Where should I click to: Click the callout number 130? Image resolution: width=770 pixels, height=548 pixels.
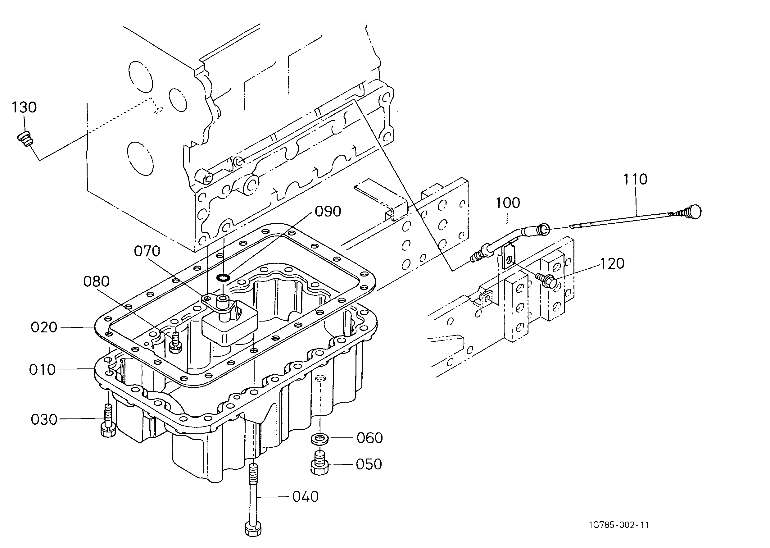(x=24, y=107)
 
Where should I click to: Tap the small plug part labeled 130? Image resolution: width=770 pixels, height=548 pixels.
(x=25, y=139)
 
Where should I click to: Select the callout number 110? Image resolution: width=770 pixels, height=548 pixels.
(x=635, y=179)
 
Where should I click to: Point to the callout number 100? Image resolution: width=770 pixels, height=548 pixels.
(x=508, y=203)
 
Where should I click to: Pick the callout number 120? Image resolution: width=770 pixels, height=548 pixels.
(x=612, y=263)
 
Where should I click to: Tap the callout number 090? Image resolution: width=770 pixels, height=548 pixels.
(x=328, y=212)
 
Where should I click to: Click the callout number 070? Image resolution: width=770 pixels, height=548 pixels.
(x=147, y=251)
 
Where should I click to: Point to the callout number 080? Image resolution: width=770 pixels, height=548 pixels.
(x=97, y=281)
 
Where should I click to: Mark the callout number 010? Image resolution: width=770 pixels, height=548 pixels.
(x=42, y=370)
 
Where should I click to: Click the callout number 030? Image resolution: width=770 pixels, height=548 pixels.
(x=44, y=420)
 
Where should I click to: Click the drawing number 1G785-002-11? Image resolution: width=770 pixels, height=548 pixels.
(x=619, y=525)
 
